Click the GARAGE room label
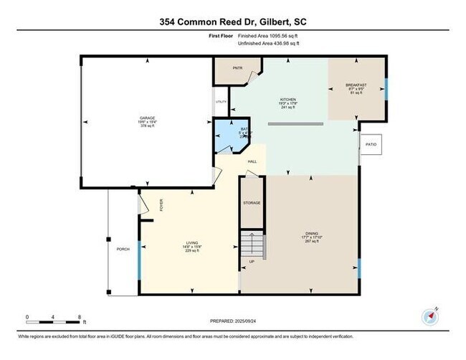coord(148,118)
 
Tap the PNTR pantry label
coord(237,69)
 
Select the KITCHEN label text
coord(288,100)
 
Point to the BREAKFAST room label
coord(356,85)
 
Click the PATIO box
coord(371,144)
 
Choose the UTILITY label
coord(221,102)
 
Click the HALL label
coord(252,162)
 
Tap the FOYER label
coord(161,207)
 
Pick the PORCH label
coord(123,249)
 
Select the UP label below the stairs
coord(251,262)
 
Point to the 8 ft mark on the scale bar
coord(80,316)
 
